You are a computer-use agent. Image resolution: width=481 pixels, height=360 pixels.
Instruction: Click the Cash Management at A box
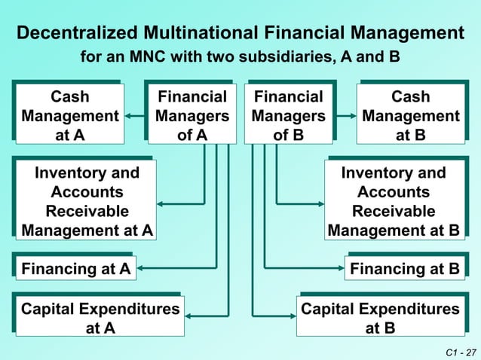point(69,116)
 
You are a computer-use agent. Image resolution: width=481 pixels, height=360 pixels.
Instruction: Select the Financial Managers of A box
point(192,116)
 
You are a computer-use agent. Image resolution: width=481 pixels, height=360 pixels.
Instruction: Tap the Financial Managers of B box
point(288,116)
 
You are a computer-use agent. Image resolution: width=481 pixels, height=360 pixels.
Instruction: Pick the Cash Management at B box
point(411,116)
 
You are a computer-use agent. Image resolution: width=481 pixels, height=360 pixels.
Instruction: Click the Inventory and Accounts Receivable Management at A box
point(87,201)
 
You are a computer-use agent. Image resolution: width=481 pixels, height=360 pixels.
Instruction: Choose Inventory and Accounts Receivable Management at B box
point(394,201)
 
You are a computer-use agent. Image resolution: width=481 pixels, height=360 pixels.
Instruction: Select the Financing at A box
point(76,268)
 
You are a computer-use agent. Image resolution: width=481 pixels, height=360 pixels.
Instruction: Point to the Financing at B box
point(404,268)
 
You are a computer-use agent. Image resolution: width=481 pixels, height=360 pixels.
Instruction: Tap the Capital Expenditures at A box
point(100,318)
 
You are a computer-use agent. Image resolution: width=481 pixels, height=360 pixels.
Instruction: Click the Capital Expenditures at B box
point(380,318)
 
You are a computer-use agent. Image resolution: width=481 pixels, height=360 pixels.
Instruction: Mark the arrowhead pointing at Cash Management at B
point(352,116)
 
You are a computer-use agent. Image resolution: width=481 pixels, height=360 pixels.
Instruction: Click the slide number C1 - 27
point(461,352)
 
